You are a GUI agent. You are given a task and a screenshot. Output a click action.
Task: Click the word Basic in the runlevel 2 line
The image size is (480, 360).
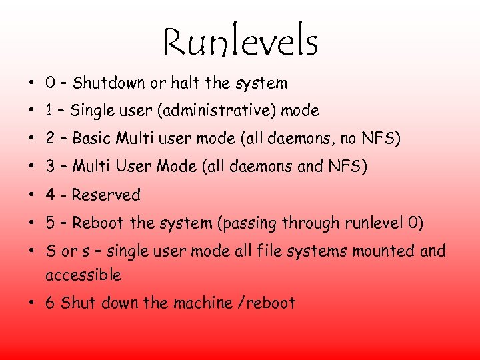(92, 139)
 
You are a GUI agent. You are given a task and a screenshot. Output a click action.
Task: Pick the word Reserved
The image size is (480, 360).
(106, 195)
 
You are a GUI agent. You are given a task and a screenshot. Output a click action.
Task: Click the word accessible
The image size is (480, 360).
(83, 275)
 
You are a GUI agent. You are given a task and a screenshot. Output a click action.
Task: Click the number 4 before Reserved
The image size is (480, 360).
(50, 195)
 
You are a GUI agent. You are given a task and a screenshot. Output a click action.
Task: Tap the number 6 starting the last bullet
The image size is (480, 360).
(50, 303)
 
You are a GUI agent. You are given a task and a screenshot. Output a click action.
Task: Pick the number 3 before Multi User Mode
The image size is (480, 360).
(50, 167)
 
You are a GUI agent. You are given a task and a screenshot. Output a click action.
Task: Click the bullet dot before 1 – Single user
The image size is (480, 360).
(31, 111)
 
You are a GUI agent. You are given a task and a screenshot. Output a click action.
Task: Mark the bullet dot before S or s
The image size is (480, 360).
(31, 252)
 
